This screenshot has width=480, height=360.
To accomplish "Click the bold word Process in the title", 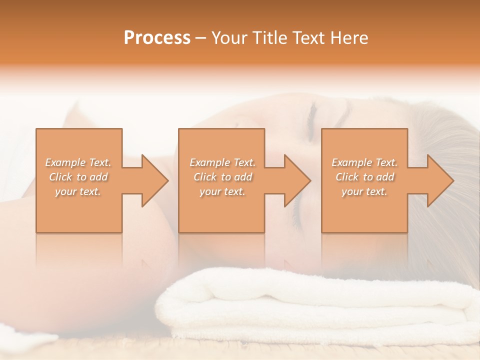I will click(157, 38).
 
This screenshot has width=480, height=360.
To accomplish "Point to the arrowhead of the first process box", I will click(153, 180).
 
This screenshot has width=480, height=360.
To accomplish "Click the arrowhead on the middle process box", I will click(295, 180).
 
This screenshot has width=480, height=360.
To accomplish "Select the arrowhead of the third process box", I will click(438, 180).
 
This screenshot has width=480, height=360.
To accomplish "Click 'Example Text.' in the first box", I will click(78, 162).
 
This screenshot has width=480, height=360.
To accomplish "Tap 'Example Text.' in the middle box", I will click(222, 162).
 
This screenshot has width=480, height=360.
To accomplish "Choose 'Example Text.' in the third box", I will click(364, 162).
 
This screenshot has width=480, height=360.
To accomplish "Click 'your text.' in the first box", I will click(78, 191).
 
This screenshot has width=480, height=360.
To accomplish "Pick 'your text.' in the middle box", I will click(222, 191).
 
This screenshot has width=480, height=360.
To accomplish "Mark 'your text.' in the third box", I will click(364, 191).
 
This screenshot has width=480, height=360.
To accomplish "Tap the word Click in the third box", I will click(347, 177).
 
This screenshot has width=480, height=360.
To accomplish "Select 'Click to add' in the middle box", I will click(222, 177).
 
